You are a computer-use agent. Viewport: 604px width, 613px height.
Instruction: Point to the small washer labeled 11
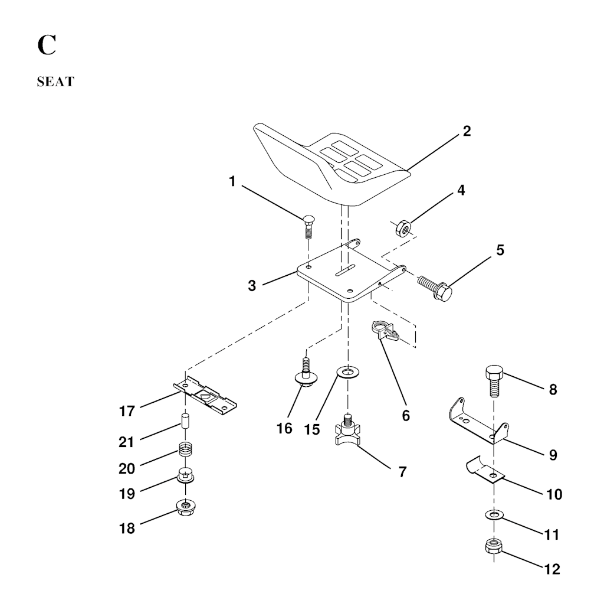coord(494,514)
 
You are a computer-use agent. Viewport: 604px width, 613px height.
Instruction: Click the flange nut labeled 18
coord(186,507)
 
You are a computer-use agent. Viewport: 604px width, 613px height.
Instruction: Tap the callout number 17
coord(127,411)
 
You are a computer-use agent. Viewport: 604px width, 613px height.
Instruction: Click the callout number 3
coord(252,285)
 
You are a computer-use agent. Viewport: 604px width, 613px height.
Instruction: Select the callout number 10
coord(554,494)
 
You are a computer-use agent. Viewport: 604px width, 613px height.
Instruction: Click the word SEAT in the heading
coord(55,81)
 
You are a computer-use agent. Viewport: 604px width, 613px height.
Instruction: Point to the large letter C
coord(47,45)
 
